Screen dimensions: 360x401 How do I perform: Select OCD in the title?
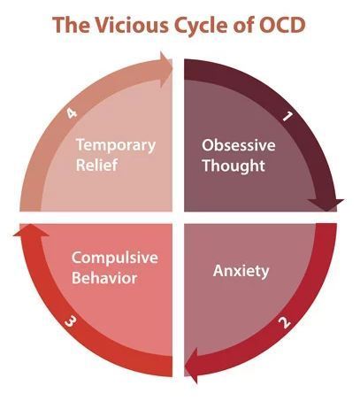point(282,25)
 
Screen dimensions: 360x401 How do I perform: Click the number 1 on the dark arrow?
point(287,117)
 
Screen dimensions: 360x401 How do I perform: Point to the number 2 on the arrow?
point(285,322)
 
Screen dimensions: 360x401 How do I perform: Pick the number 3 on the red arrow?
point(70,321)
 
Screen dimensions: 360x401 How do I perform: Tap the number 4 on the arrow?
point(71,113)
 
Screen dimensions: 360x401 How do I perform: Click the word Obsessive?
point(239,145)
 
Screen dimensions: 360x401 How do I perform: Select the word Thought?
point(234,166)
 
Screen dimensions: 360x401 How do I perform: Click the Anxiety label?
point(241,271)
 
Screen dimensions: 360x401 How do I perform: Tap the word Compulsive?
point(115,258)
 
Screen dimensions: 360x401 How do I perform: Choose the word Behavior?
point(104,278)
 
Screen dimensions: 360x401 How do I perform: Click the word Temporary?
point(116,145)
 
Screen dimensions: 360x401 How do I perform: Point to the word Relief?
point(97,165)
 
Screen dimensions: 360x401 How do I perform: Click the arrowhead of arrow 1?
point(326,204)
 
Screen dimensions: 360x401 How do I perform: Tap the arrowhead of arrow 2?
point(191,366)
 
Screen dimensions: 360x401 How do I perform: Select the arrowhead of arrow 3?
point(31,230)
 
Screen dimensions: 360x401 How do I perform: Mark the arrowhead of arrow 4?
point(166,70)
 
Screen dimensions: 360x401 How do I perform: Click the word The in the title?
point(71,25)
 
